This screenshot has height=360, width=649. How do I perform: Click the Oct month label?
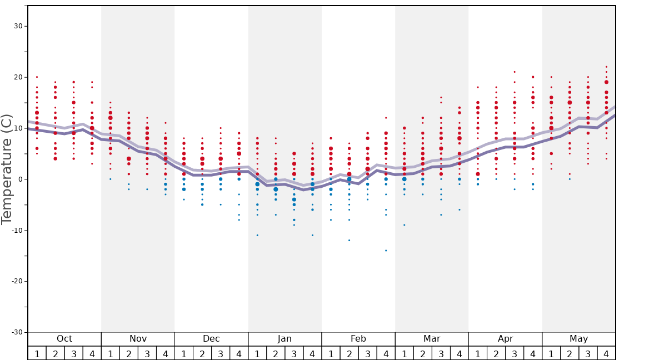64,339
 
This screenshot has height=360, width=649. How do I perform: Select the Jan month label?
284,339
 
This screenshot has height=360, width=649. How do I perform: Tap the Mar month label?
432,339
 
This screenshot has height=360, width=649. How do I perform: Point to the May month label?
578,339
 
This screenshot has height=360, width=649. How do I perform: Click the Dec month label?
211,339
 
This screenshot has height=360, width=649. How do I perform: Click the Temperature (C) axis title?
7,169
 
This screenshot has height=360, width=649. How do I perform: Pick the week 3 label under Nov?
147,354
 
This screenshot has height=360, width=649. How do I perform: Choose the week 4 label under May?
606,354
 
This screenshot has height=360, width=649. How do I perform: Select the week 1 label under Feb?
331,354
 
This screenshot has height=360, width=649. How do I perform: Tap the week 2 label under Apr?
496,354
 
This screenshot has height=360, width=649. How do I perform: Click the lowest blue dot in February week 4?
386,251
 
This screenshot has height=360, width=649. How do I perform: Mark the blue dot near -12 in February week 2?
349,241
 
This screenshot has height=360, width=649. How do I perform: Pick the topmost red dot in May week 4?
606,67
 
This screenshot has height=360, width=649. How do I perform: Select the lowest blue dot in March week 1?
404,225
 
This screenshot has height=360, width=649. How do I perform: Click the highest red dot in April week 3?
515,72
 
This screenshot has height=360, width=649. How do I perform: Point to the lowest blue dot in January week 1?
257,235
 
